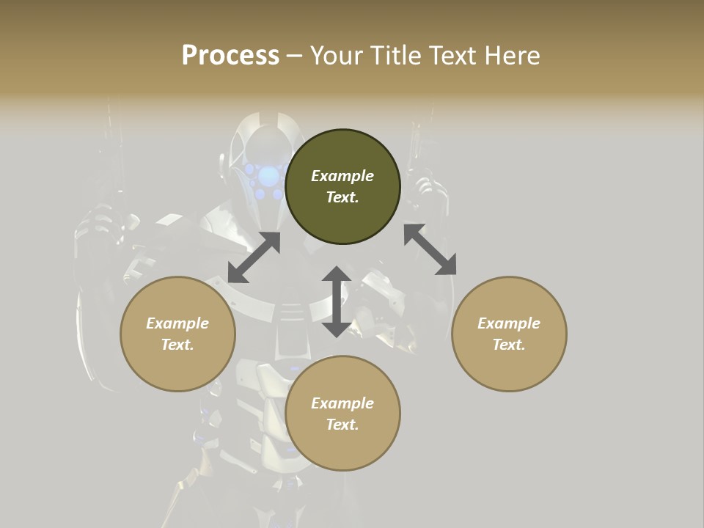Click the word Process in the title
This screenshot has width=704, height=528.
pyautogui.click(x=230, y=56)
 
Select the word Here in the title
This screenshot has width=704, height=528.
pyautogui.click(x=512, y=56)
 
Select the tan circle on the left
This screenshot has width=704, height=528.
pyautogui.click(x=177, y=359)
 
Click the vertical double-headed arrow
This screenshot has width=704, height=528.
pyautogui.click(x=337, y=301)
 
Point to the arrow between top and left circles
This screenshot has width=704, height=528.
pyautogui.click(x=254, y=257)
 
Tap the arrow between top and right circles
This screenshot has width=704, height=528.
pyautogui.click(x=430, y=249)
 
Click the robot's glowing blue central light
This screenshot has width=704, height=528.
pyautogui.click(x=269, y=175)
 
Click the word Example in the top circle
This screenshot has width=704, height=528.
pyautogui.click(x=342, y=176)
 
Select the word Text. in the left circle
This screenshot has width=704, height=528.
pyautogui.click(x=177, y=345)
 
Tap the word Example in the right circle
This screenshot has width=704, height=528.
pyautogui.click(x=509, y=323)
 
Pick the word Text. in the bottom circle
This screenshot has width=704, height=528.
pyautogui.click(x=342, y=425)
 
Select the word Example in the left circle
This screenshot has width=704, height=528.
pyautogui.click(x=177, y=323)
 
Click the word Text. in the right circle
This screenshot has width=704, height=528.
pyautogui.click(x=509, y=345)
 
